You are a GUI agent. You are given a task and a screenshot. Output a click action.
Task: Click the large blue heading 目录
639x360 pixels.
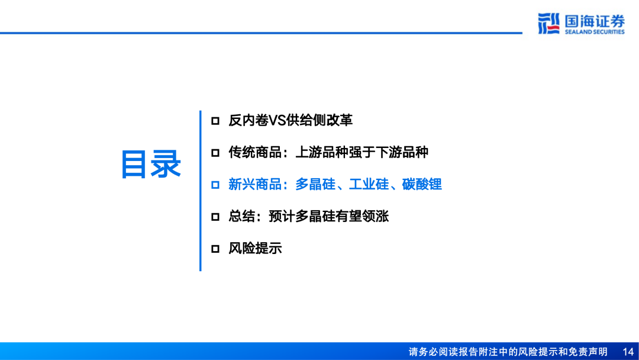[x=151, y=165]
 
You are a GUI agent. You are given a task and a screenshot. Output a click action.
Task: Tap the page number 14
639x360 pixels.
[x=628, y=352]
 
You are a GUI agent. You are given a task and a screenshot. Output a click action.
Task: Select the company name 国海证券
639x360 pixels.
[x=594, y=21]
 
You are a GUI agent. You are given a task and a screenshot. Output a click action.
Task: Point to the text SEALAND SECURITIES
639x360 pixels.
[x=594, y=32]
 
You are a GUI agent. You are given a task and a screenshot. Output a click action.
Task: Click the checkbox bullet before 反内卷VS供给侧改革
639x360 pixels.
[x=215, y=121]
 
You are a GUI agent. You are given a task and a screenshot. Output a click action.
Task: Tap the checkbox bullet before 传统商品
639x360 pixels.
[x=215, y=153]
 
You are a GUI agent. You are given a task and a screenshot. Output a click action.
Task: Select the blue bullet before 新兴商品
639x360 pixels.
[x=215, y=185]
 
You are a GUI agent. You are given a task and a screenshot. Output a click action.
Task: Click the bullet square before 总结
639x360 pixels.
[x=215, y=217]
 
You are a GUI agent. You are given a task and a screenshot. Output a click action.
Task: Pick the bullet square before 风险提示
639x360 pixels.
[x=215, y=249]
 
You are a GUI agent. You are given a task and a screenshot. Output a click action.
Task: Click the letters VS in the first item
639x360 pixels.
[x=277, y=121]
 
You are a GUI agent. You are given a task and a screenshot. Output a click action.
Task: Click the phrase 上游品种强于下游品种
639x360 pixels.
[x=361, y=153]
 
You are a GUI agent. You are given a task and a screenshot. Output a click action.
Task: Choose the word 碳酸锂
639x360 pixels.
[x=422, y=185]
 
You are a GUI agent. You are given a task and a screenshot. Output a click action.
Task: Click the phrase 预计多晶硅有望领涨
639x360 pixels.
[x=328, y=217]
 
